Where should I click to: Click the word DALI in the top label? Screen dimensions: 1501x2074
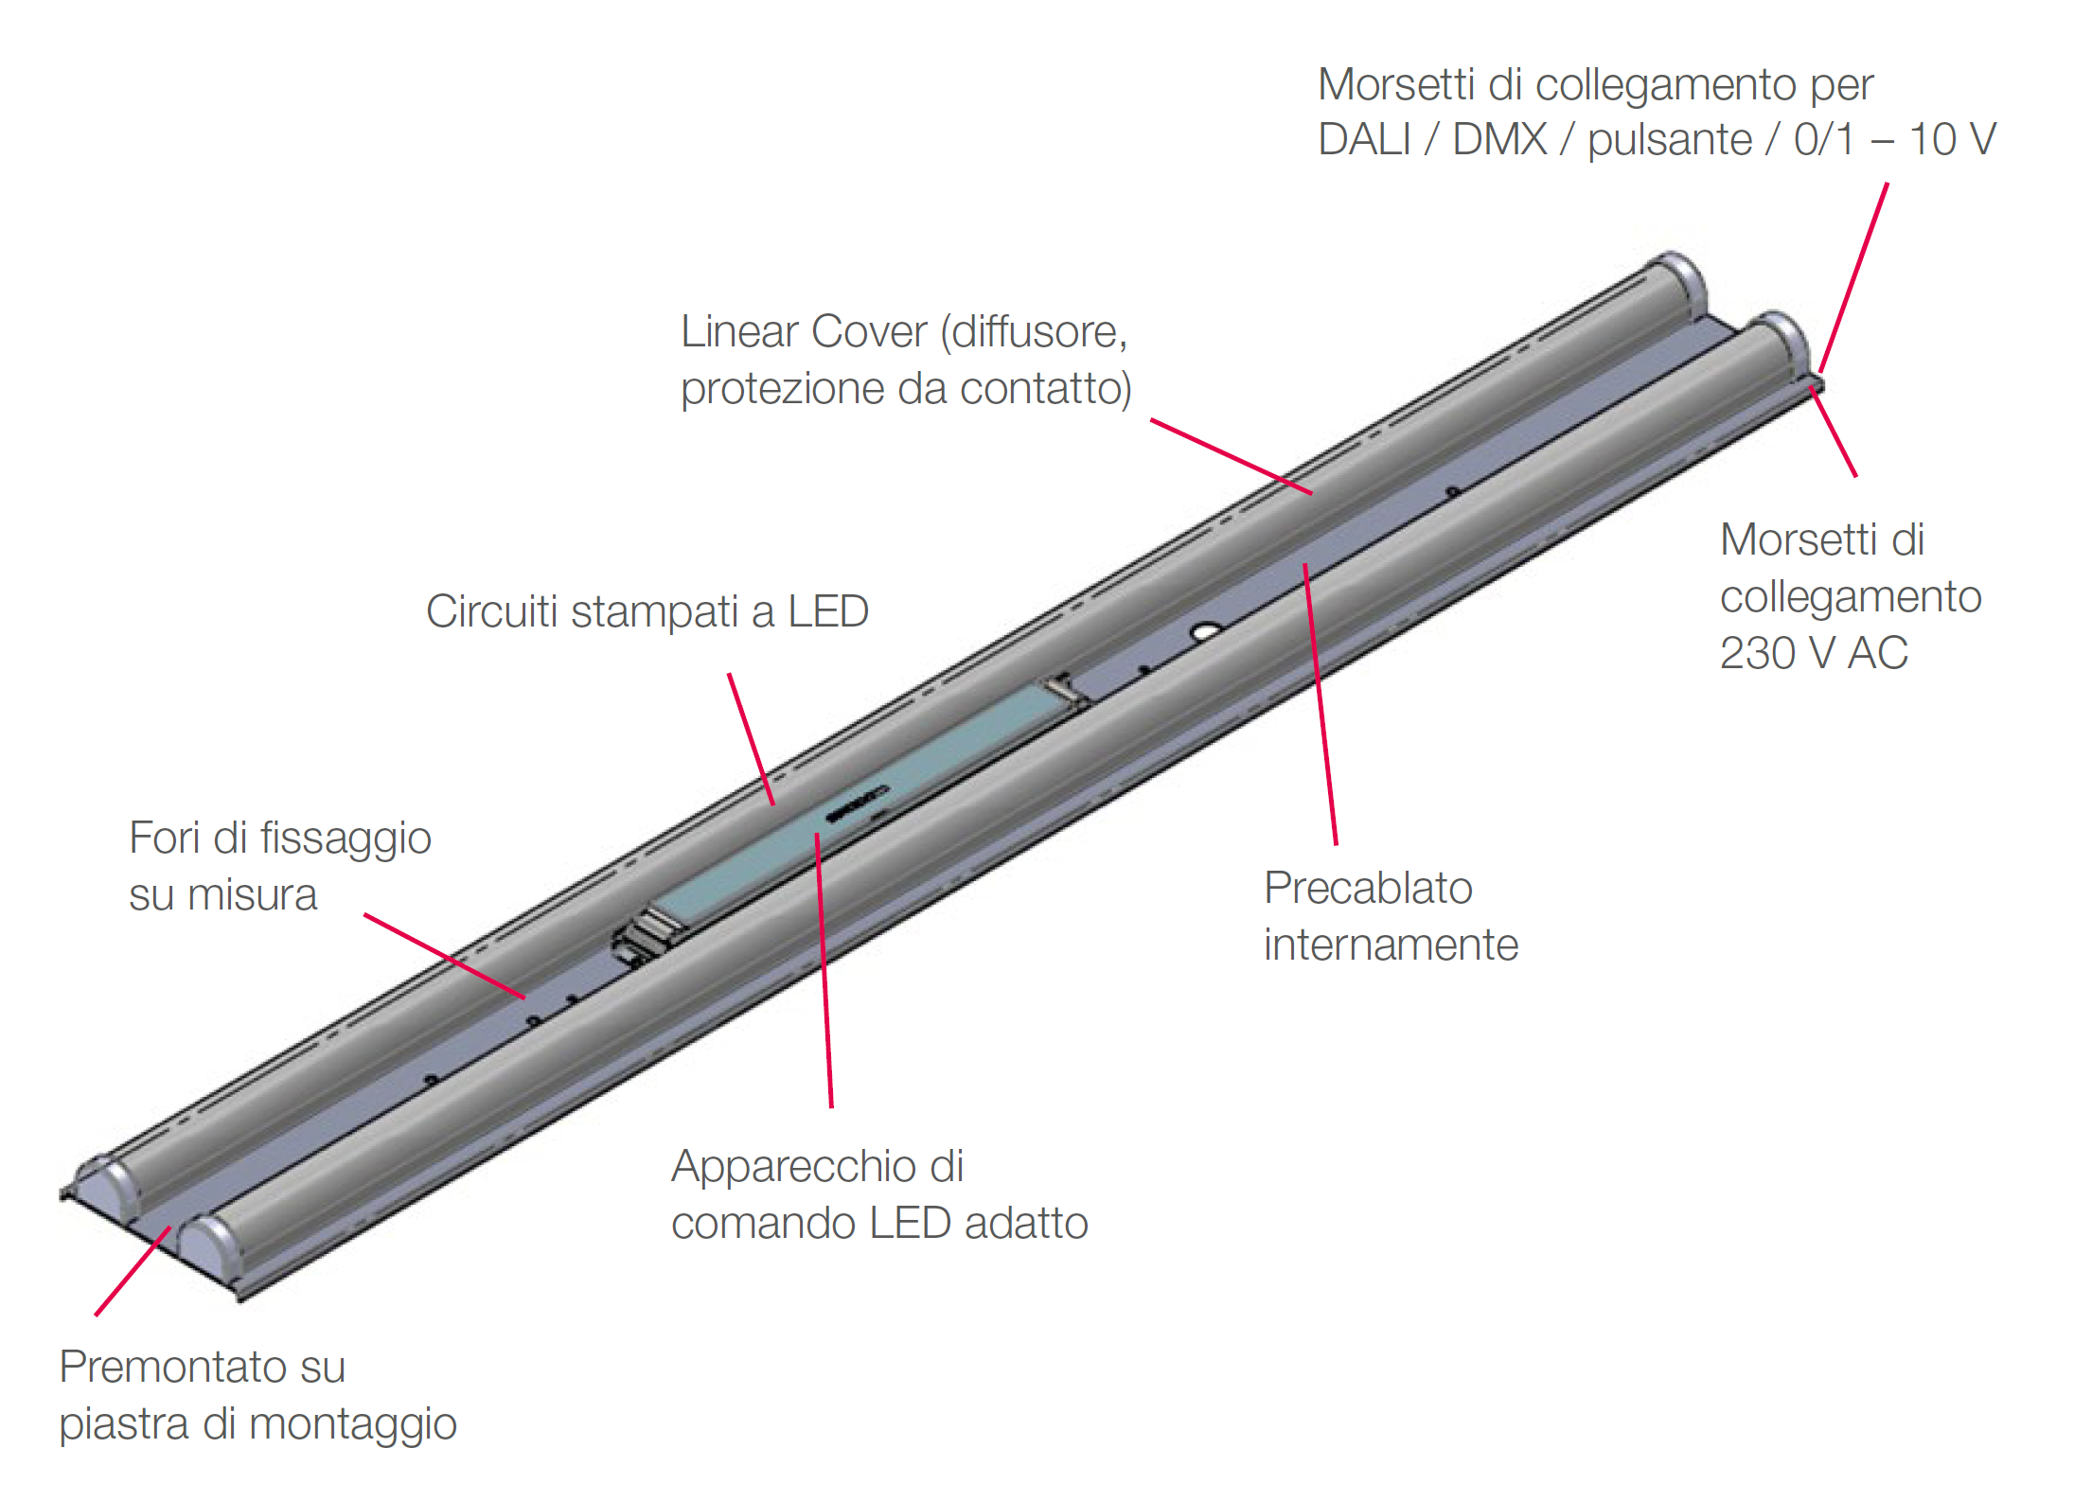pyautogui.click(x=1363, y=140)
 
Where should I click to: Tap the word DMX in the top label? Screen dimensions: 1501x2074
pyautogui.click(x=1499, y=140)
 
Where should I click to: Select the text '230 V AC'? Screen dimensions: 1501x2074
pyautogui.click(x=1813, y=653)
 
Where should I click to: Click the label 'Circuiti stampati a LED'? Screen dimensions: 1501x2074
pyautogui.click(x=647, y=611)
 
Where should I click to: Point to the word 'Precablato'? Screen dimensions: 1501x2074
pyautogui.click(x=1368, y=889)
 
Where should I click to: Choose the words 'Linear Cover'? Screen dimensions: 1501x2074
pyautogui.click(x=804, y=332)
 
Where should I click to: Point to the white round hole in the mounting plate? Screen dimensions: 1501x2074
pyautogui.click(x=1206, y=629)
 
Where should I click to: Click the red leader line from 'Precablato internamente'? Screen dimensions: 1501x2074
pyautogui.click(x=1321, y=705)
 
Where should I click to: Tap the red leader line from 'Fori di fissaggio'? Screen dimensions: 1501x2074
pyautogui.click(x=444, y=957)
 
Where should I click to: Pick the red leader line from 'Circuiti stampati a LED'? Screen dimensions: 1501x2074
pyautogui.click(x=752, y=739)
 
